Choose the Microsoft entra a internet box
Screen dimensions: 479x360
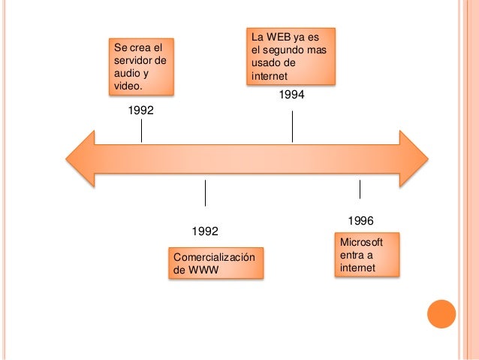tap(366, 255)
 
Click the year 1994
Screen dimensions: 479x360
tap(292, 95)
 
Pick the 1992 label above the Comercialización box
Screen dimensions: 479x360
tap(205, 230)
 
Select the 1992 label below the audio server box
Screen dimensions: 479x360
tap(141, 110)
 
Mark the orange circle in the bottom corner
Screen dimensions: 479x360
tap(441, 315)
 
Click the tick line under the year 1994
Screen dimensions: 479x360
tap(292, 123)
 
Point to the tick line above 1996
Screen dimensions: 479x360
tap(360, 189)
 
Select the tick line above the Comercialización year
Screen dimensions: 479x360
tap(205, 192)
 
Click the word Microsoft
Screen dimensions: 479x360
tap(361, 242)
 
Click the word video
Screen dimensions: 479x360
tap(127, 86)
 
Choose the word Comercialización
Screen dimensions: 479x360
tap(214, 258)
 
